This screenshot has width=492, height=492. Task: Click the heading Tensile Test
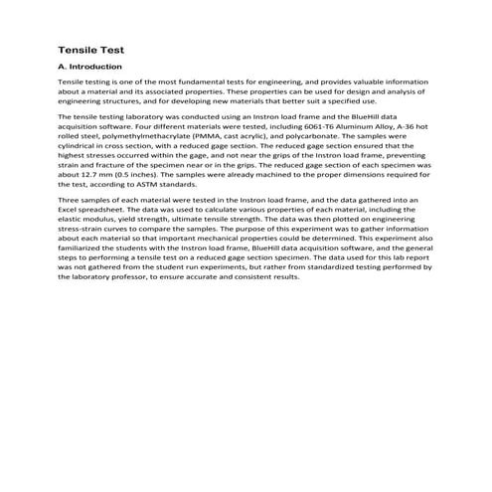click(x=91, y=48)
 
